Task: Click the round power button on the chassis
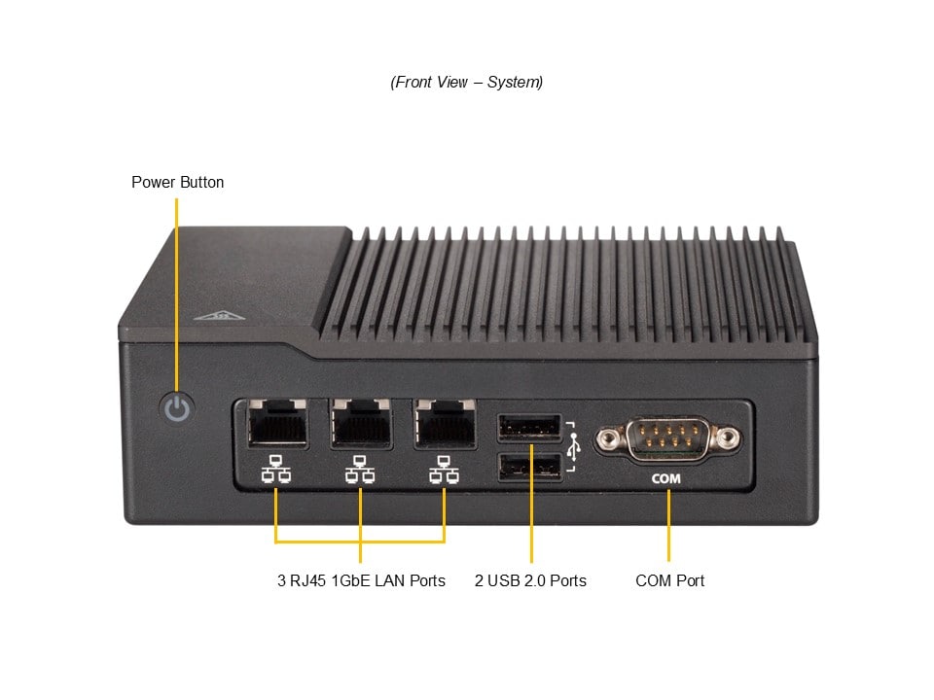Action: (176, 408)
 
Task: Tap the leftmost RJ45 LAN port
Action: (278, 423)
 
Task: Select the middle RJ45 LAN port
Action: (361, 423)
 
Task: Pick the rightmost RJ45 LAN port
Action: (445, 423)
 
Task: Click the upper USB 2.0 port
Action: (530, 427)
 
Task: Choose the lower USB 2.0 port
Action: (530, 468)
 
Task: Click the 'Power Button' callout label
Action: (177, 182)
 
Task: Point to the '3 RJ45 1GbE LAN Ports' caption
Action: (361, 580)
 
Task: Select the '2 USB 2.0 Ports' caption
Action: (530, 580)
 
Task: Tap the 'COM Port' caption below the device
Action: (669, 580)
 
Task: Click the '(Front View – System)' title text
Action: (467, 82)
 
